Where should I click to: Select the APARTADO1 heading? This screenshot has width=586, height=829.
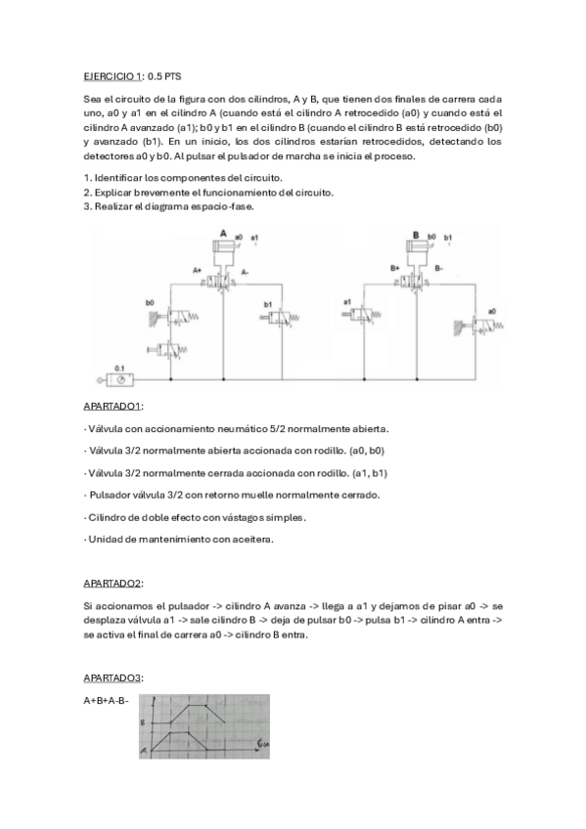click(x=113, y=405)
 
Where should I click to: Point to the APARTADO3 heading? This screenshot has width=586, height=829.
click(x=113, y=676)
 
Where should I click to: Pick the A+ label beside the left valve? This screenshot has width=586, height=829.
click(x=197, y=269)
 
